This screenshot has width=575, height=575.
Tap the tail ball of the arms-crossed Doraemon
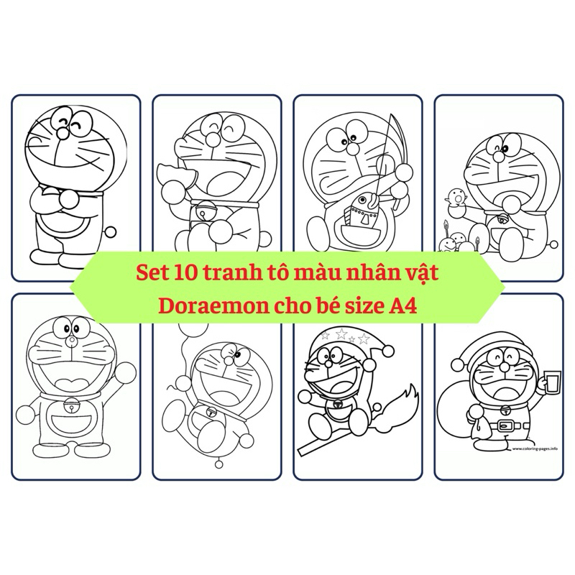pyautogui.click(x=110, y=232)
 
